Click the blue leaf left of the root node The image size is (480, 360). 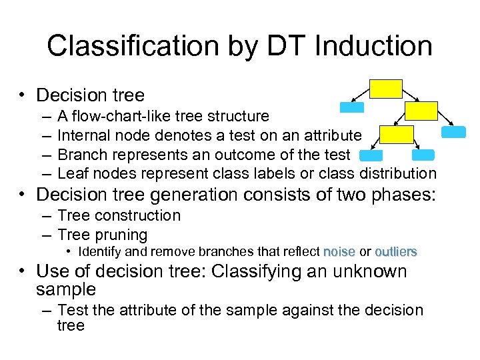coord(352,107)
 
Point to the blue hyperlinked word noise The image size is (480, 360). coord(339,252)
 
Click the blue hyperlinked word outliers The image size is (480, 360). coord(396,252)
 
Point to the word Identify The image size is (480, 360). coord(101,252)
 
